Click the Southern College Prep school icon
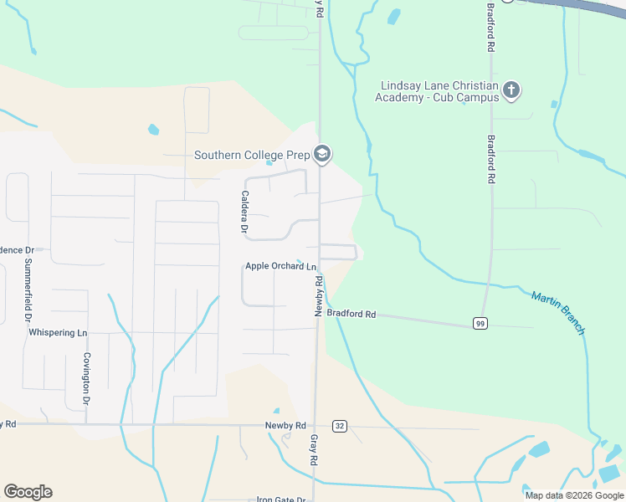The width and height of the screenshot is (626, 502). coord(322,154)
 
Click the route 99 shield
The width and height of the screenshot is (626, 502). coord(480,324)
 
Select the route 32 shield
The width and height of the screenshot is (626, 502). coord(339,425)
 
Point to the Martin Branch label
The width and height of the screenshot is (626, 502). coord(558,312)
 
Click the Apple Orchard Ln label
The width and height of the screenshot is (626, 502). coord(280,266)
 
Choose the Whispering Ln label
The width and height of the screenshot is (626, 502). coord(58,332)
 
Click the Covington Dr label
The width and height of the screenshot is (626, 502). coord(86,377)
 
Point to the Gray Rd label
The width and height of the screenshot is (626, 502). coord(315,449)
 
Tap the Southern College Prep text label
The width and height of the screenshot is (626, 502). coord(251,155)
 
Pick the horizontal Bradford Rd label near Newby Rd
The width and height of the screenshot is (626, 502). coord(351,314)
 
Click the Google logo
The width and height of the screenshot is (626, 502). coord(28,492)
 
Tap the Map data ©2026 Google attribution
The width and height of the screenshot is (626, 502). coord(574,495)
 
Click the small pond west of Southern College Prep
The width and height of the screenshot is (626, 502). coord(153,130)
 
